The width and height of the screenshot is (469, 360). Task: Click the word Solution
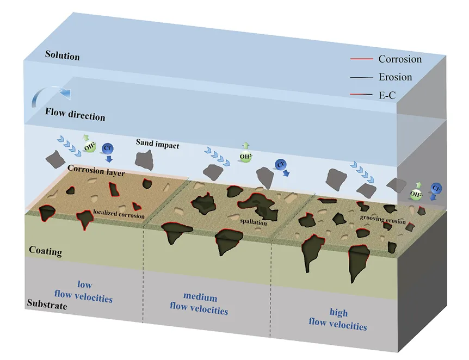coord(63,55)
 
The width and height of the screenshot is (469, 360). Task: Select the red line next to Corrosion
coord(362,59)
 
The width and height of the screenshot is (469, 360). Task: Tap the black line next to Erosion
coord(362,77)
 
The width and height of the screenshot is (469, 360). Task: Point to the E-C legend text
coord(387,95)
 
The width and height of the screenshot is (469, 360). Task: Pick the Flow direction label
coord(75,115)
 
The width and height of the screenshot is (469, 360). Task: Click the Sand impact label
coord(157,144)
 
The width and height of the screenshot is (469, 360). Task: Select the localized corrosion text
coord(119,214)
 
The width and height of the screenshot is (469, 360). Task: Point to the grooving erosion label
coord(383,219)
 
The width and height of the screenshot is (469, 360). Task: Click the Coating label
coord(46,251)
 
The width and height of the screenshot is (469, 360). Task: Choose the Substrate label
coord(47,304)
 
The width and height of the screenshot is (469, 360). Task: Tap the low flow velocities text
coord(83,291)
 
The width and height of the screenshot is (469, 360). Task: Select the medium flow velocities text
coord(199,304)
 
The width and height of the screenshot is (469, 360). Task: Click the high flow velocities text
coord(338,320)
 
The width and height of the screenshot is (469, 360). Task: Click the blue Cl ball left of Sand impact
coord(107,148)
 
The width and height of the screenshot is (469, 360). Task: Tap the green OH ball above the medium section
coord(245,157)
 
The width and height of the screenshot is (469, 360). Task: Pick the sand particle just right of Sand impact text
coord(145,160)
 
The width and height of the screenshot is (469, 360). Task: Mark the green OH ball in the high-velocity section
coord(416,194)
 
